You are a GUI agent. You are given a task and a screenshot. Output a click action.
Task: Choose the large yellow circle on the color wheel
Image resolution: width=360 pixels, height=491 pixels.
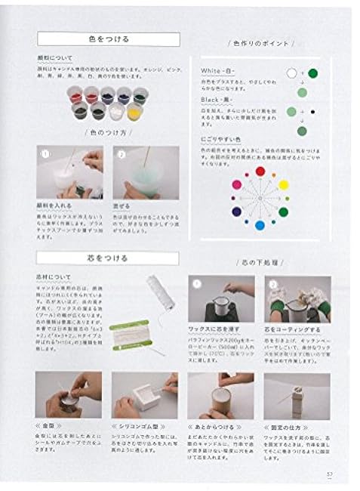284,184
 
